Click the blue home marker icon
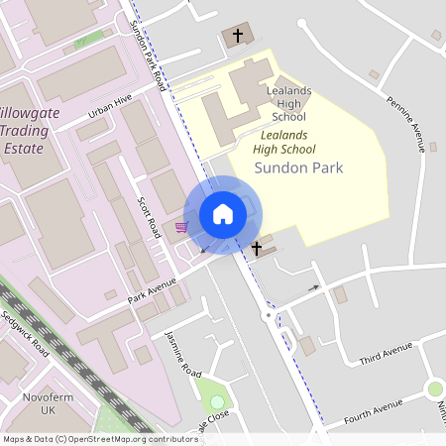[x=223, y=214]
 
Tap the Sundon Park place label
[x=298, y=167]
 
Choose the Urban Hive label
[x=109, y=107]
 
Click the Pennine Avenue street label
[x=405, y=118]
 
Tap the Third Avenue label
[x=386, y=351]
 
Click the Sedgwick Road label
[x=25, y=335]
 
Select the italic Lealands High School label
[x=283, y=142]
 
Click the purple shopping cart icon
[x=180, y=228]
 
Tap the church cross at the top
[x=237, y=36]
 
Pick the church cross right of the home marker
[x=257, y=248]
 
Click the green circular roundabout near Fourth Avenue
[x=434, y=390]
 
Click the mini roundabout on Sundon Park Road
[x=268, y=316]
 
